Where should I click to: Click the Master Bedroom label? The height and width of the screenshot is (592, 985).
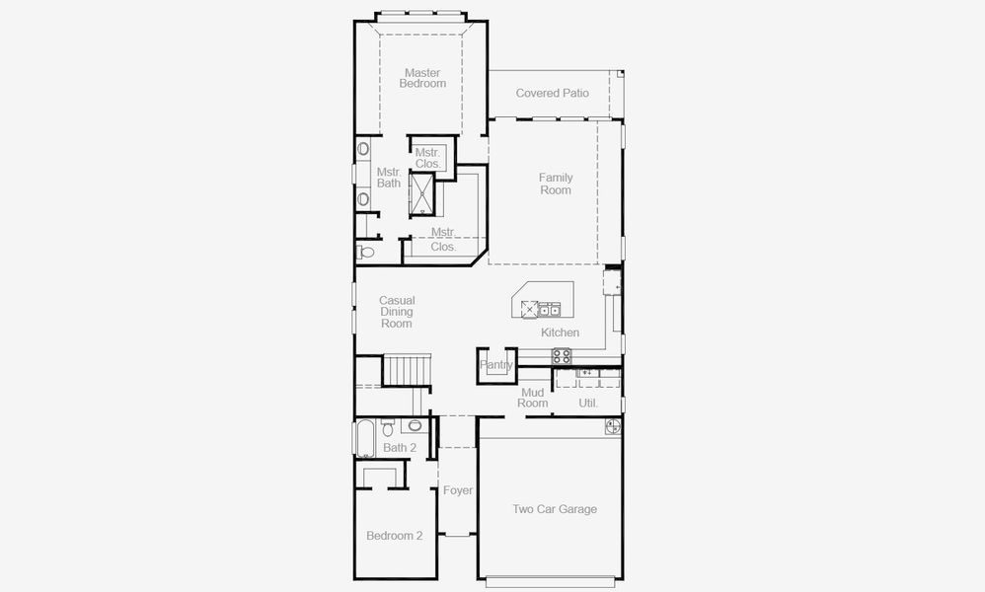click(x=422, y=78)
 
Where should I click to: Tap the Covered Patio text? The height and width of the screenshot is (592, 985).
click(x=552, y=93)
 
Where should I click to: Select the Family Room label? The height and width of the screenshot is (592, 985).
click(x=556, y=184)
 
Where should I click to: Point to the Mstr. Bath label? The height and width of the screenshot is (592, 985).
click(x=389, y=178)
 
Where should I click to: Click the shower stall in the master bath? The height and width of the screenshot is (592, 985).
click(x=422, y=193)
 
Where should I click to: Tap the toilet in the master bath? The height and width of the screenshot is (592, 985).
click(x=366, y=253)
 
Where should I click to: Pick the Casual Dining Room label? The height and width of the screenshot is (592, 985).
click(x=397, y=312)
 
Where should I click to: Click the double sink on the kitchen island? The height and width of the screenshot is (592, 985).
click(x=550, y=308)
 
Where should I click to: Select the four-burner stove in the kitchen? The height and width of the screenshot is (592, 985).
click(x=562, y=356)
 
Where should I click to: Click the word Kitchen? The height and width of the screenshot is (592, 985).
click(x=560, y=333)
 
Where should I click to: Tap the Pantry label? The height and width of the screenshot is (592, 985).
click(x=496, y=365)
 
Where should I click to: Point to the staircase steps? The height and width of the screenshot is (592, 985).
click(x=406, y=371)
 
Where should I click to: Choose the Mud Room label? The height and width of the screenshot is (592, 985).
click(x=533, y=398)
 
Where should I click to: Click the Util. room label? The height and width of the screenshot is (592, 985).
click(x=588, y=403)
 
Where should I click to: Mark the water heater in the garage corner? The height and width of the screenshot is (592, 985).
click(x=612, y=426)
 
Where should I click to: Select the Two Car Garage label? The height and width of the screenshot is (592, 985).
click(x=554, y=509)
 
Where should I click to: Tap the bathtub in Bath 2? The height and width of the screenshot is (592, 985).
click(x=364, y=438)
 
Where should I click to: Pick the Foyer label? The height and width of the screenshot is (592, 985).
click(x=457, y=490)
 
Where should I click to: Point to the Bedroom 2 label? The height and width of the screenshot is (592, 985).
click(x=394, y=536)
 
